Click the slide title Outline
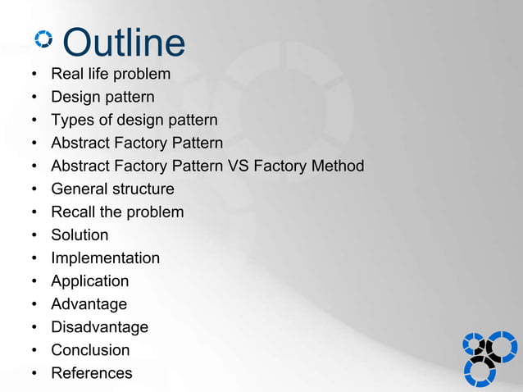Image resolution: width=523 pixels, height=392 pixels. pos(124,43)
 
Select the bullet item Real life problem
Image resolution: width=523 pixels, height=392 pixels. pos(111,75)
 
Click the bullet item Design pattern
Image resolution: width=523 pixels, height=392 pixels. pos(102,98)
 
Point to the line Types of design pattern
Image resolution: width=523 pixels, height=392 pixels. pos(134,121)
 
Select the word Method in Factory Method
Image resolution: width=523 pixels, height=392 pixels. pos(335,166)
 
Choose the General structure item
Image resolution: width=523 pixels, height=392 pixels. pos(112,189)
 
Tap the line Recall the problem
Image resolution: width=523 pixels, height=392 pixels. pos(117,212)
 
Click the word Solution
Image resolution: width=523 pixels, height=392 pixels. pos(80,235)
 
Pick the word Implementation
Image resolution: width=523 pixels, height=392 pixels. pos(105,258)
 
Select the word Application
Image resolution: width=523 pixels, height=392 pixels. pos(89,281)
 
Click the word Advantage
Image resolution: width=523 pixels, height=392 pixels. pos(89,304)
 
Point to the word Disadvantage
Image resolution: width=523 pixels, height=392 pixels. pos(99,327)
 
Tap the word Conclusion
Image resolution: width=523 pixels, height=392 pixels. pos(90,350)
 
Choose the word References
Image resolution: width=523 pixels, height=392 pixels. pos(91,373)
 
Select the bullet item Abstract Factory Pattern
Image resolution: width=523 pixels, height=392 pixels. pos(137,144)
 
